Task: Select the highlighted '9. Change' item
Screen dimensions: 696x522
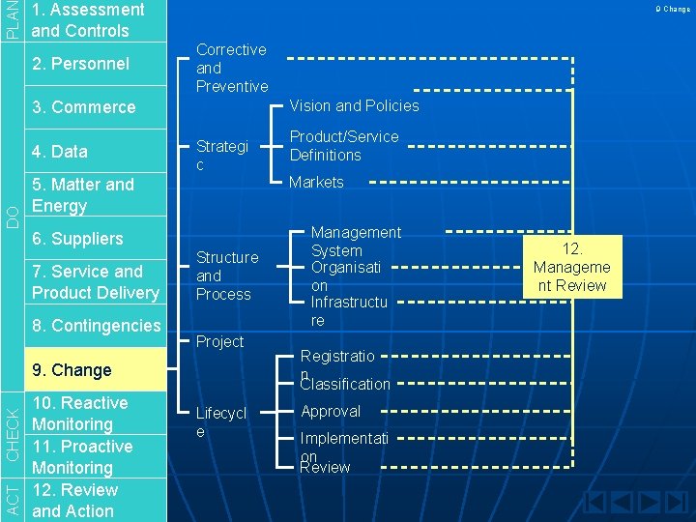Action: [x=72, y=370]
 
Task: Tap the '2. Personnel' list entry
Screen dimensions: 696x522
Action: [x=80, y=64]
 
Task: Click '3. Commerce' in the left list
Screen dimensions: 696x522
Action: [x=84, y=107]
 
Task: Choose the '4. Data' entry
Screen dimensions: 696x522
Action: [x=60, y=152]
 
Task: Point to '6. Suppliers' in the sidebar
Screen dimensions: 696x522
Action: [x=77, y=239]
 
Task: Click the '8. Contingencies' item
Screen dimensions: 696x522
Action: [x=96, y=326]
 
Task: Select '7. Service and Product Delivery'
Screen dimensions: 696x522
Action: [x=95, y=282]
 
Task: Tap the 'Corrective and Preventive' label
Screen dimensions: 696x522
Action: [x=232, y=68]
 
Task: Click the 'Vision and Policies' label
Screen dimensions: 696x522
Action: [x=355, y=105]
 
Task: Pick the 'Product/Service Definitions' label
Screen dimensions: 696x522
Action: [x=344, y=146]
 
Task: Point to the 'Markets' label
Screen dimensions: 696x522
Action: [x=317, y=182]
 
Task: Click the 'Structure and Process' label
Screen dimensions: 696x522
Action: [x=227, y=275]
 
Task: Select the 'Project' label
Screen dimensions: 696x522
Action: [x=220, y=341]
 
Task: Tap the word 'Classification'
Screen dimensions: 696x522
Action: [x=345, y=384]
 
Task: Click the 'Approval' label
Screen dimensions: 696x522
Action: [x=331, y=411]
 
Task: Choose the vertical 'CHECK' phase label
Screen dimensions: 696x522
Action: [x=12, y=433]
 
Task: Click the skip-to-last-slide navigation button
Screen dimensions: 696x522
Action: [x=676, y=504]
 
